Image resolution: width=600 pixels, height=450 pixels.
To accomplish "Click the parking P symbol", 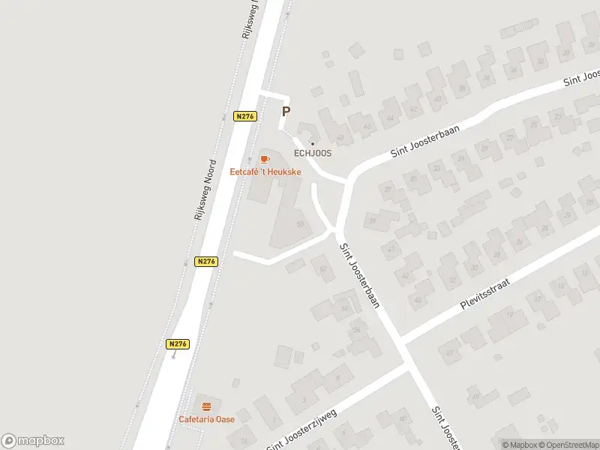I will [286, 111].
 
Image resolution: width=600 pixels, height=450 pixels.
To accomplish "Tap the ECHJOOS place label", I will [313, 153].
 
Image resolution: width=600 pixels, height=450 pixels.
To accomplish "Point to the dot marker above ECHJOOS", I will [313, 143].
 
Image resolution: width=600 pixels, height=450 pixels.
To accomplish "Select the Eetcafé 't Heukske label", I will [265, 171].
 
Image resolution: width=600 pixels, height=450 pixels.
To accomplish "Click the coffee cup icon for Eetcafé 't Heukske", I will [264, 158].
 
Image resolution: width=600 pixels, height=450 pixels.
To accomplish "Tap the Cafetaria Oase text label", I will [206, 418].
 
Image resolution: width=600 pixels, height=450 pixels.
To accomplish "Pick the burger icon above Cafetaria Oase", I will [206, 406].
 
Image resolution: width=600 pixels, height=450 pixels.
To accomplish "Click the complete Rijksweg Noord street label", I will [205, 189].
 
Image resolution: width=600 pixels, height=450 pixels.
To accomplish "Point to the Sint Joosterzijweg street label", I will [301, 430].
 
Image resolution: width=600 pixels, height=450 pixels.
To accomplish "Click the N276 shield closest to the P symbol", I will [245, 116].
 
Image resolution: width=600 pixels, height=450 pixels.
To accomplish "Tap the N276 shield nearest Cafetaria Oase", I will [178, 343].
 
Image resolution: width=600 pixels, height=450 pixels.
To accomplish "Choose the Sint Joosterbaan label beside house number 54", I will [361, 276].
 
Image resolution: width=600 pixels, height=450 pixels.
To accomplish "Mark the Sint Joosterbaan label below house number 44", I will [425, 141].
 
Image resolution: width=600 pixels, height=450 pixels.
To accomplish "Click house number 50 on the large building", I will [301, 223].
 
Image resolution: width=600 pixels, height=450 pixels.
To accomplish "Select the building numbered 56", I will [357, 330].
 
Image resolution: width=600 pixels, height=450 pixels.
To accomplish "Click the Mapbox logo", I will [33, 441].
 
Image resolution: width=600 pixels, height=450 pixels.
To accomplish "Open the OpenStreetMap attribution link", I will [568, 445].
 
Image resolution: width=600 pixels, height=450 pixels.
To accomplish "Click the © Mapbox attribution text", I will [519, 445].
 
